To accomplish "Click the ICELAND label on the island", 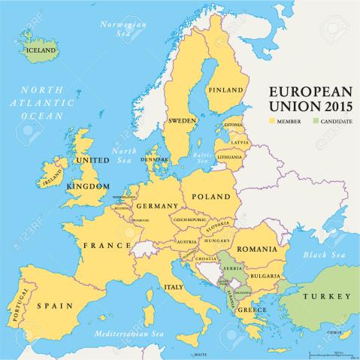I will coord(41,50).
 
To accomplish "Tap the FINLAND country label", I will coord(226,90).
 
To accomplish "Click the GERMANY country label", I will coord(156,205).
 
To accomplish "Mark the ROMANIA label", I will coord(257,249).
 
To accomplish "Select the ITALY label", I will coord(174,286).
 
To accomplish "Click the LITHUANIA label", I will coord(229,156).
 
